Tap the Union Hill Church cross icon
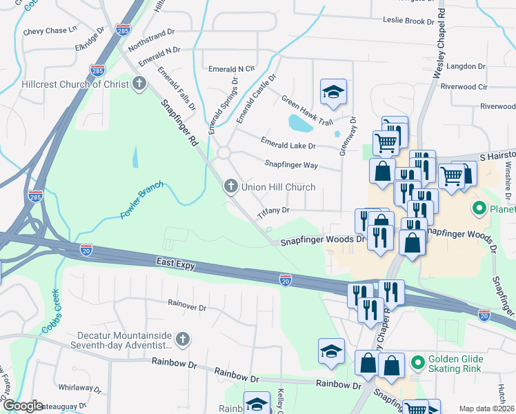tap(230, 187)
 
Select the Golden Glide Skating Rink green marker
tap(417, 361)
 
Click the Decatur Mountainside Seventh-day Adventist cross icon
tap(183, 339)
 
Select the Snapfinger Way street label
tap(291, 164)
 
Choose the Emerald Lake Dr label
tap(288, 144)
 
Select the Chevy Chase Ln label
tap(50, 30)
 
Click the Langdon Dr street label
tap(467, 66)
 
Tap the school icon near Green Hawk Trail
tap(333, 92)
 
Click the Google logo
tap(23, 406)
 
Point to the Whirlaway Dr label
tap(81, 387)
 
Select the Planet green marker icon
tap(477, 207)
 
